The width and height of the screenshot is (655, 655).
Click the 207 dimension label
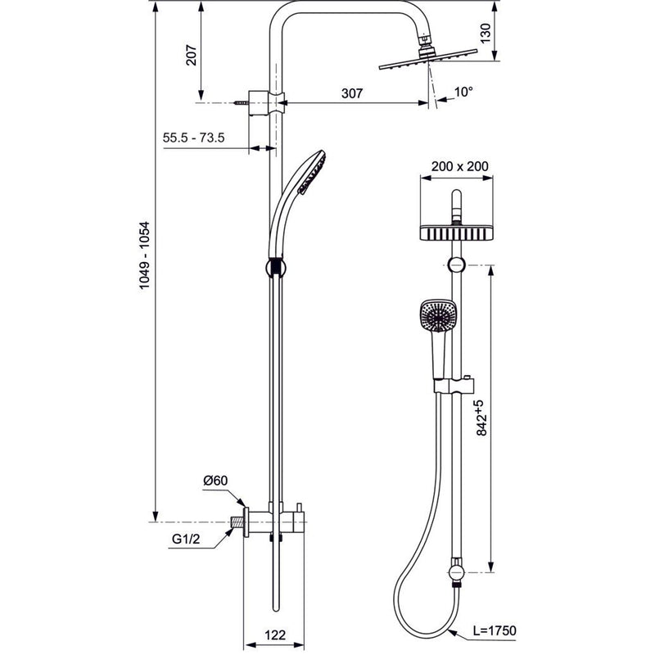191,55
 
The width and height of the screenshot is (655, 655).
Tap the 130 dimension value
485,34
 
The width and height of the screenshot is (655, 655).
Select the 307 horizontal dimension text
352,93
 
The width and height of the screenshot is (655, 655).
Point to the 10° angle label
463,92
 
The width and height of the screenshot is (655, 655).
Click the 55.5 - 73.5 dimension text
193,137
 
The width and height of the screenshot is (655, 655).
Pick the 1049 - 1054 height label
144,255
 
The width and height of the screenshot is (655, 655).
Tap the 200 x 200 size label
459,166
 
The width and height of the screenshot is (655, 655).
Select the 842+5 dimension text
481,418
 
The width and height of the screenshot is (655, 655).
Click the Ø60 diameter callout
215,481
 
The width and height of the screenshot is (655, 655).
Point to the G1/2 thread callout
186,539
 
